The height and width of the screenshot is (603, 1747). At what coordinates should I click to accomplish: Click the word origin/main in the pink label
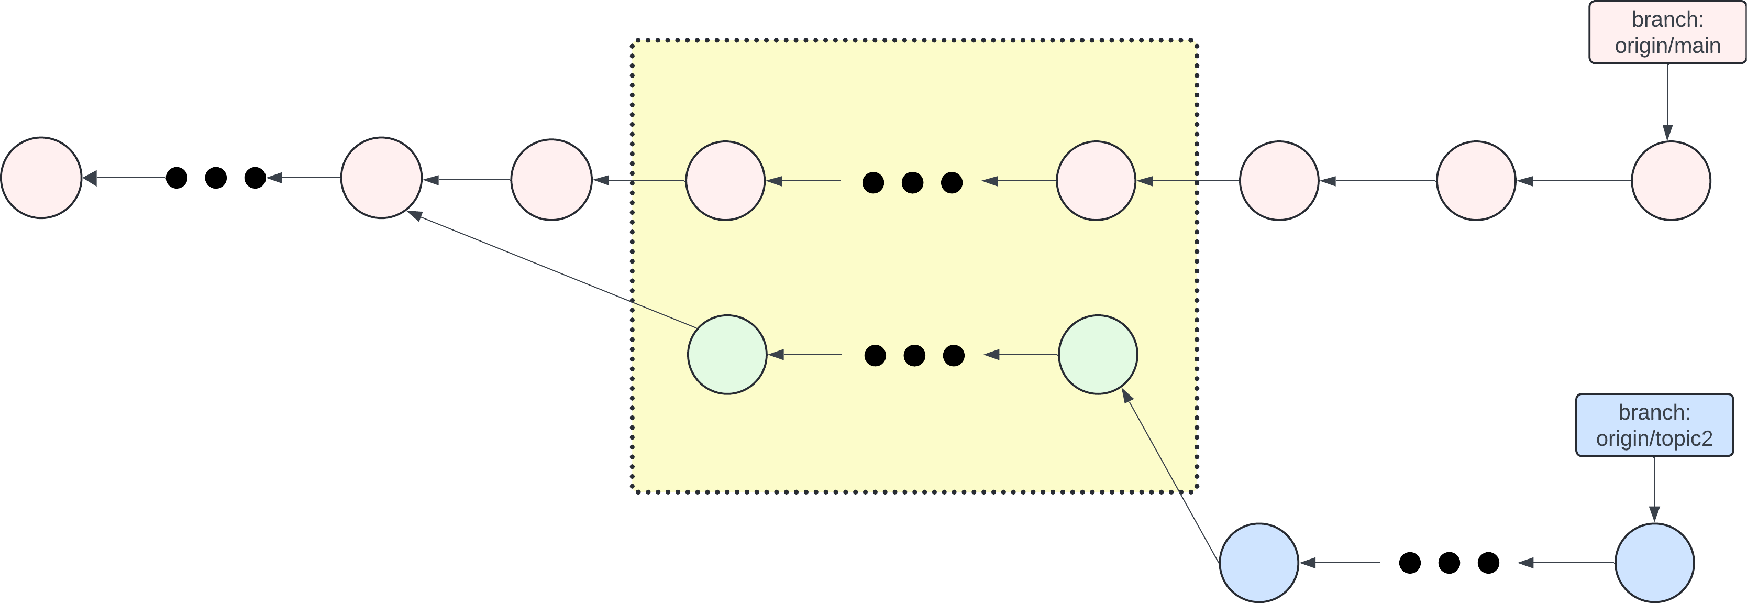[x=1667, y=46]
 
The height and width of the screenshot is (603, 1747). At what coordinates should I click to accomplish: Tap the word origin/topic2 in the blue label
[x=1654, y=439]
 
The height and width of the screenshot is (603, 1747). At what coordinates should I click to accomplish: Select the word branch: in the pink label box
[x=1667, y=20]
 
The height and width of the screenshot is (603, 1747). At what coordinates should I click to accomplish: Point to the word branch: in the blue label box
[x=1654, y=412]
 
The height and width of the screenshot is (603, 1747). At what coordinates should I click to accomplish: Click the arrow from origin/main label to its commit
[x=1667, y=102]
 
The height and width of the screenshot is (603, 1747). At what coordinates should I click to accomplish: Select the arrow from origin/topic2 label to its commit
[x=1654, y=488]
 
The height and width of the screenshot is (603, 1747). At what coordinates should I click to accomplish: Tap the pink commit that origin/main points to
[x=1671, y=180]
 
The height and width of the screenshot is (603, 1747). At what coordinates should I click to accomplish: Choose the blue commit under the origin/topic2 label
[x=1654, y=562]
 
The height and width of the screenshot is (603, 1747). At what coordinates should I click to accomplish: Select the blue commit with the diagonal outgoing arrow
[x=1259, y=562]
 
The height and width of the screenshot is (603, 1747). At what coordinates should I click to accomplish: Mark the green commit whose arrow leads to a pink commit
[x=727, y=354]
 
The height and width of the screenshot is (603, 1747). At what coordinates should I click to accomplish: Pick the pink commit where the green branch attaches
[x=381, y=178]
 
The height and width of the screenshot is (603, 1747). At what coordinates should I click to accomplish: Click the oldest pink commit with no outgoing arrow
[x=41, y=178]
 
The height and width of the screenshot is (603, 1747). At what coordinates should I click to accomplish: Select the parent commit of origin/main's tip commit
[x=1476, y=180]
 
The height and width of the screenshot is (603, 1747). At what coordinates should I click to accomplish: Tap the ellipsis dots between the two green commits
[x=914, y=355]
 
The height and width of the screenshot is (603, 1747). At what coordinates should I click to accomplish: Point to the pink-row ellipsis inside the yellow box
[x=912, y=182]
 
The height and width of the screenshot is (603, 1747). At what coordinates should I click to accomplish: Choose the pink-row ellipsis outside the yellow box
[x=216, y=178]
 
